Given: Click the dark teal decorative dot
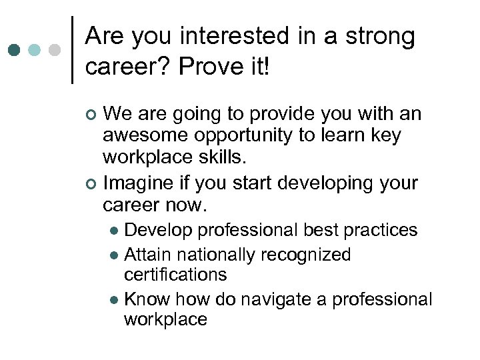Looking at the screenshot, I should pos(16,50).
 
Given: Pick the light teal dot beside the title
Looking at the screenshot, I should pos(35,50).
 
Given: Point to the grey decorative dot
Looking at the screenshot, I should pos(55,50).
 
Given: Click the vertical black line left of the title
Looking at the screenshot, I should pos(72,50).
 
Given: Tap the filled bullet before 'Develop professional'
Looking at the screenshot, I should pos(115,231).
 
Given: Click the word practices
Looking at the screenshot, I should pos(381,231).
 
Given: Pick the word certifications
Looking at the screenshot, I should pos(175,274).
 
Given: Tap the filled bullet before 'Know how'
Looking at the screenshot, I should pos(115,299).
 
